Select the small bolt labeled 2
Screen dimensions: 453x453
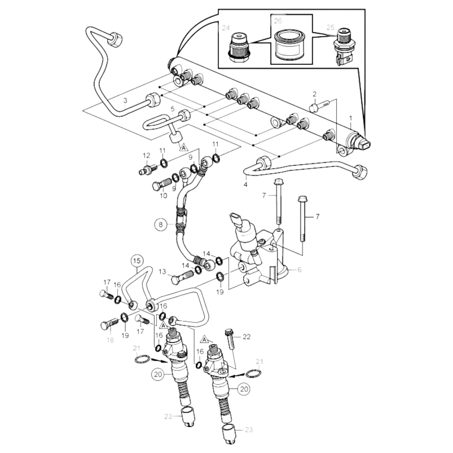pos(318,106)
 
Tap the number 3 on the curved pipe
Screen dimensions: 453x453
pos(125,101)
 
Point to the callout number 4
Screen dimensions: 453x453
pos(245,185)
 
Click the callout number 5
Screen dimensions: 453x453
pos(172,109)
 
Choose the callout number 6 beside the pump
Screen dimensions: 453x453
pos(299,270)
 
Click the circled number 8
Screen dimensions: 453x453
pos(161,224)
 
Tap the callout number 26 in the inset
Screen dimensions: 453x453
pos(278,21)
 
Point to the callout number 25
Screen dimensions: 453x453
pos(330,27)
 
